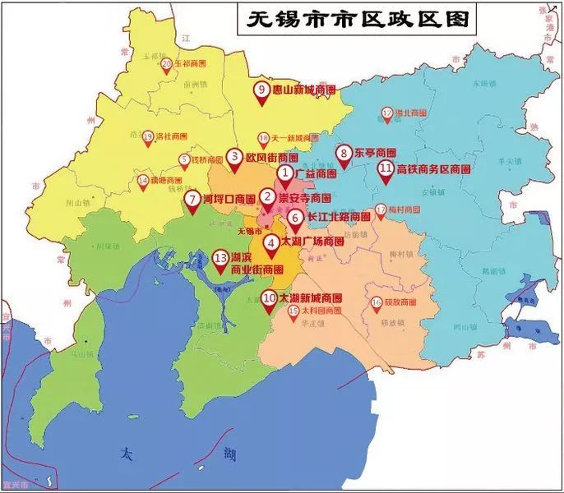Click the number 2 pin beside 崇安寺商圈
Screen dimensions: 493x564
click(x=266, y=198)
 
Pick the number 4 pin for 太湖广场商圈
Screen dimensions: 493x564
click(x=270, y=242)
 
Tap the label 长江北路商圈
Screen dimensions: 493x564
click(x=339, y=217)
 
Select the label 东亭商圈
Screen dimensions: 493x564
click(x=376, y=153)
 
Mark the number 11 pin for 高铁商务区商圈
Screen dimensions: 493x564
click(x=385, y=169)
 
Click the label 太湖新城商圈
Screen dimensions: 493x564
click(x=311, y=297)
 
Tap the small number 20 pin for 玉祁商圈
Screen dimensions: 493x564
click(x=167, y=65)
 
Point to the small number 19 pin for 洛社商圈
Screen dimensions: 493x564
click(x=148, y=137)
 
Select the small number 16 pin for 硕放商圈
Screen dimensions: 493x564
click(x=377, y=303)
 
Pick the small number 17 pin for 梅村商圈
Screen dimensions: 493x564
click(x=380, y=211)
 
